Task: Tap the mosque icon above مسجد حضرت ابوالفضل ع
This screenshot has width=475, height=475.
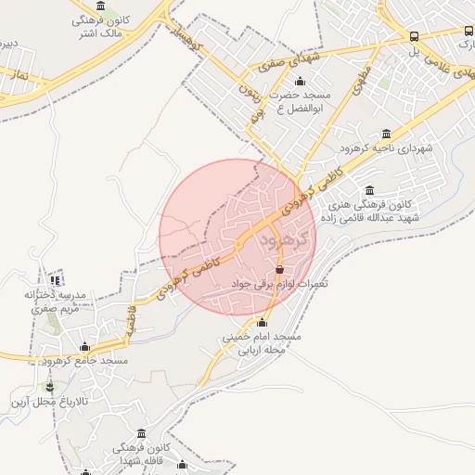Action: tap(299, 81)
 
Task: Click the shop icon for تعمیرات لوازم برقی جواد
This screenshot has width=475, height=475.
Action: tap(279, 270)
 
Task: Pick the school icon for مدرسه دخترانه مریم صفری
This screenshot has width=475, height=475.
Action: tap(56, 279)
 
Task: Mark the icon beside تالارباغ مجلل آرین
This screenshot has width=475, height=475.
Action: tap(48, 386)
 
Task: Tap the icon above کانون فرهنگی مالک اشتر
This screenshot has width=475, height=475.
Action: tap(100, 6)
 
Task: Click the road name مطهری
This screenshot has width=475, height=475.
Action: tap(361, 78)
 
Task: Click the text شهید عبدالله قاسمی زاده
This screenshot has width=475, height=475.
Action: tap(368, 217)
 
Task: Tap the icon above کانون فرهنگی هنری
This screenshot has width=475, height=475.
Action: tap(370, 190)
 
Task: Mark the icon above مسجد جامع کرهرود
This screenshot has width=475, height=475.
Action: tap(84, 346)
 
